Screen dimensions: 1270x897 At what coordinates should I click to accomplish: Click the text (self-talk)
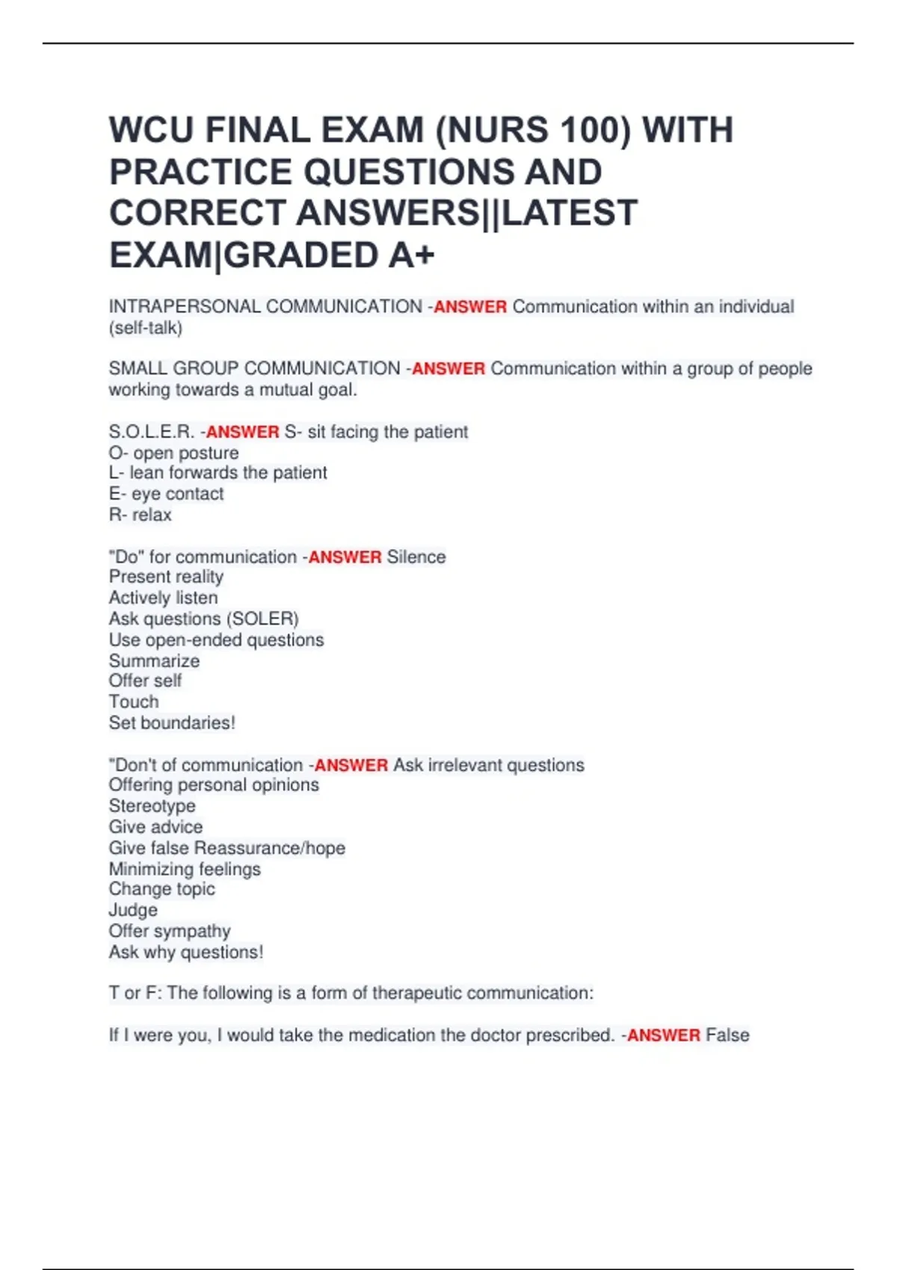[146, 328]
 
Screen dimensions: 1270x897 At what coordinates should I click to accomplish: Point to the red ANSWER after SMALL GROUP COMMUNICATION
[449, 369]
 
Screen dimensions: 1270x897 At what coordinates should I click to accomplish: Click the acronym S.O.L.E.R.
[152, 432]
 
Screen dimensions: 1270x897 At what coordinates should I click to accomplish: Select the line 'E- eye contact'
[166, 494]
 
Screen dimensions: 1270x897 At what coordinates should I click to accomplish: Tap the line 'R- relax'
[141, 515]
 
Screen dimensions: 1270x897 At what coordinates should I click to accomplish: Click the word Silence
[416, 557]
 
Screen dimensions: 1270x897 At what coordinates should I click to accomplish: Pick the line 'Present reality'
[166, 577]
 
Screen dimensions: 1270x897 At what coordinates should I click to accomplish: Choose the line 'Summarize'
[154, 661]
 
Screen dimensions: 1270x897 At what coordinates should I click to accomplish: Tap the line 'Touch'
[134, 701]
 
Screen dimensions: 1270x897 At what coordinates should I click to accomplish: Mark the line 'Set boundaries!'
[172, 723]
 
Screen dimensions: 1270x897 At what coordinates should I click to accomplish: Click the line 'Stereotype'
[152, 806]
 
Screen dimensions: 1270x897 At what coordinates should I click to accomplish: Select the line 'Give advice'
[155, 827]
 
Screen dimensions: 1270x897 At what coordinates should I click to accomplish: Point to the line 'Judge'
[133, 910]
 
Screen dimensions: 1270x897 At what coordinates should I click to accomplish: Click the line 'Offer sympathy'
[170, 931]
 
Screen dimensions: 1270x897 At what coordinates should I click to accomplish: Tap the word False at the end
[727, 1035]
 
